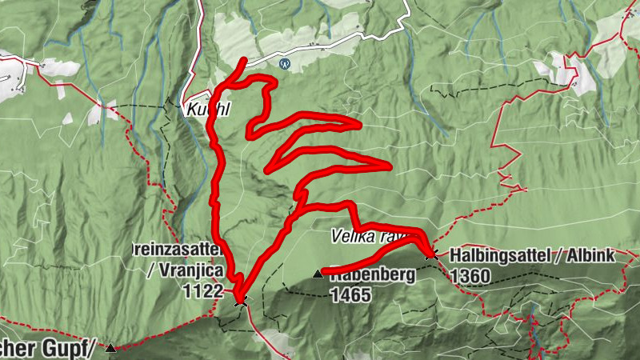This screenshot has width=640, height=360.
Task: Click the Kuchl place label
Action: (207, 110)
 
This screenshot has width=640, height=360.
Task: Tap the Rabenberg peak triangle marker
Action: (318, 274)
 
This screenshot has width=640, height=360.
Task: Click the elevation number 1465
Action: (350, 294)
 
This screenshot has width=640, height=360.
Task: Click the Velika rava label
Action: (360, 237)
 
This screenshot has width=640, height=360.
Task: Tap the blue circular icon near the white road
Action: (283, 62)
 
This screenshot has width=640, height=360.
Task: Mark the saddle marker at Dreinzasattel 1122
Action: (239, 300)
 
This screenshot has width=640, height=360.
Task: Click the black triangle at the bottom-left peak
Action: (110, 347)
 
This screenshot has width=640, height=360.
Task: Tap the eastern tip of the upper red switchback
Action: (359, 124)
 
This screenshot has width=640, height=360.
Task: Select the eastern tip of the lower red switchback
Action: (389, 166)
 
